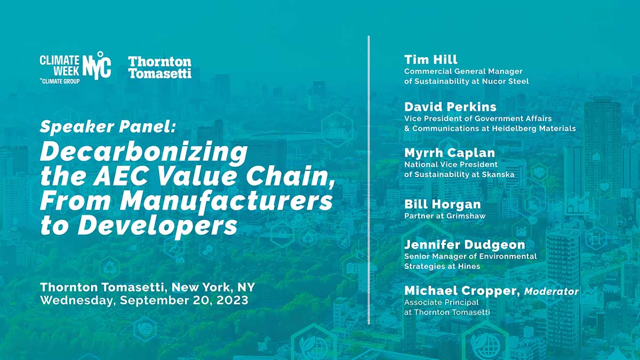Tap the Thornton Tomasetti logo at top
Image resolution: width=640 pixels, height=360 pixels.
[159, 67]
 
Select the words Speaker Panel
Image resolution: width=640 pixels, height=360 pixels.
[107, 127]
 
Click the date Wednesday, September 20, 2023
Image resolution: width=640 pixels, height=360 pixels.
[144, 300]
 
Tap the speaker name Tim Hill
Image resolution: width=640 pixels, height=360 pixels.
[430, 60]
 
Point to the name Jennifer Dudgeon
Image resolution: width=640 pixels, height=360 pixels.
[464, 245]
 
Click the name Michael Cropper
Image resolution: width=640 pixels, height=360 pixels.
[461, 291]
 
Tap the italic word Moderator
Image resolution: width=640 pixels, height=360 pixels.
[551, 292]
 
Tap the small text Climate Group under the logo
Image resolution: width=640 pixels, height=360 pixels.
[60, 81]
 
